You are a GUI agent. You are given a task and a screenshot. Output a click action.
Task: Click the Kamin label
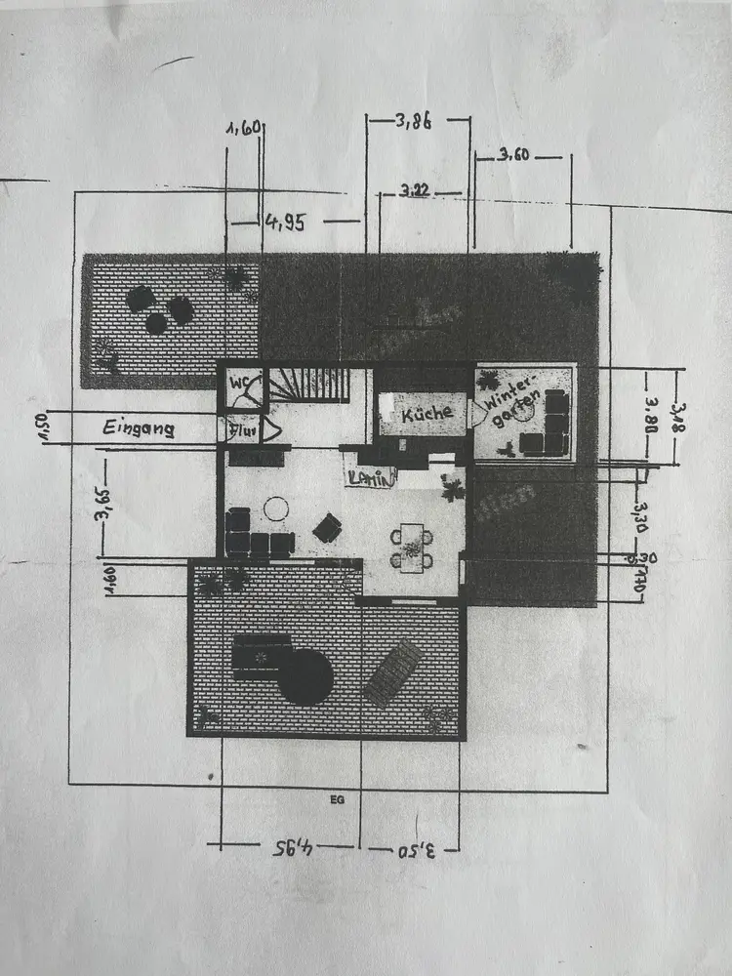pos(371,477)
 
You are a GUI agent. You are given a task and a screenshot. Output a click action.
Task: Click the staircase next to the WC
pos(309,385)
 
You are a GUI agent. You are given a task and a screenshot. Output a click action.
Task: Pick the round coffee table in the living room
pos(277,508)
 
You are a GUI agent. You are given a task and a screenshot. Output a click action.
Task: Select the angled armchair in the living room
pos(327,528)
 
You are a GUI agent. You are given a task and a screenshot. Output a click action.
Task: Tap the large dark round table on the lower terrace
pos(305,676)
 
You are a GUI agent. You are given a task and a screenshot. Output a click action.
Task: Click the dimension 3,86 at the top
pos(414,122)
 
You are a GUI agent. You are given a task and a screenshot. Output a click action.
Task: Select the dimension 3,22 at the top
pos(414,190)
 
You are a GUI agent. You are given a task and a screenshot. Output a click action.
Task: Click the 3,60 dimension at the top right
pos(514,154)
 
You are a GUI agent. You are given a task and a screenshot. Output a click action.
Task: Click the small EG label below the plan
pos(338,799)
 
